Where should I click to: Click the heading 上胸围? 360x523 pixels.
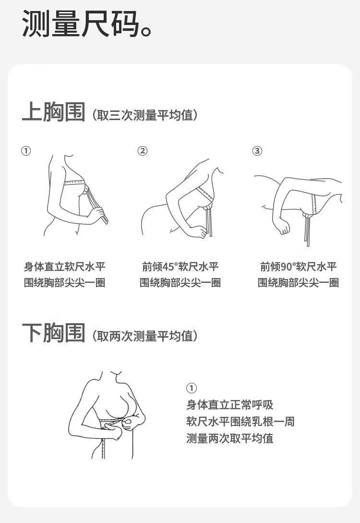[x=54, y=111]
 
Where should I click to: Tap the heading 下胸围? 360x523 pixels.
[x=54, y=332]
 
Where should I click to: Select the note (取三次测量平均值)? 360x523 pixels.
[x=145, y=115]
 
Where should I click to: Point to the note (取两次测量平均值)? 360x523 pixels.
[x=145, y=336]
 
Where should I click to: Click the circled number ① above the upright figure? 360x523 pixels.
[x=26, y=151]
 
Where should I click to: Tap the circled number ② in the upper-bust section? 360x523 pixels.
[x=143, y=151]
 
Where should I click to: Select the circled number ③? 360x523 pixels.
[x=257, y=151]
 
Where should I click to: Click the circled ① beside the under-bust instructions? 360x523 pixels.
[x=192, y=388]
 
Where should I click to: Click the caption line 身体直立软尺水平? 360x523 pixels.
[x=65, y=267]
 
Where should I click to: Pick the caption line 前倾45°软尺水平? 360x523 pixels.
[x=180, y=267]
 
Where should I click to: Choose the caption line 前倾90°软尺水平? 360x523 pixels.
[x=299, y=267]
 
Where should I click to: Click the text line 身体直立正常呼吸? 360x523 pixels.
[x=229, y=405]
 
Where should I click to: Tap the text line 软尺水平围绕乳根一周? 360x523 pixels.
[x=240, y=422]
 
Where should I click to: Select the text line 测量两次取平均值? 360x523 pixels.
[x=229, y=438]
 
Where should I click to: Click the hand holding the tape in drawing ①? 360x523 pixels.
[x=96, y=215]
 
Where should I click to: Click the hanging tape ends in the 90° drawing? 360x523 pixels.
[x=307, y=230]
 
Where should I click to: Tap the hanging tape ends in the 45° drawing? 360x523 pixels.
[x=209, y=221]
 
